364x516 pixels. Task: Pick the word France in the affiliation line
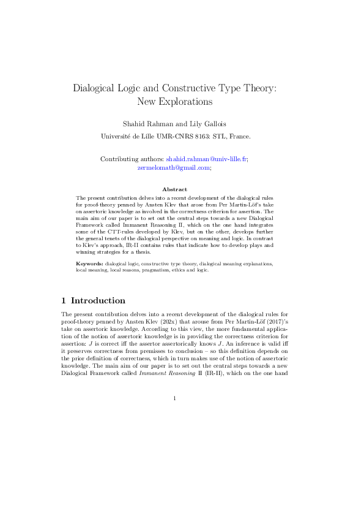pos(238,137)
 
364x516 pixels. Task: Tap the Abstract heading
pos(175,189)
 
